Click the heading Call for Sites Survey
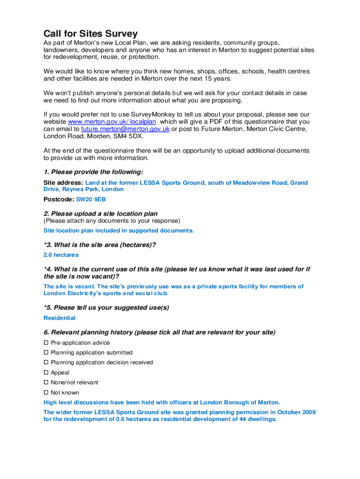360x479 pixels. click(x=90, y=34)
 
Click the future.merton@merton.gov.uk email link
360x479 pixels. click(x=125, y=129)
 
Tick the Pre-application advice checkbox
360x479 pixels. click(x=46, y=343)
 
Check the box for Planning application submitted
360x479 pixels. click(x=46, y=353)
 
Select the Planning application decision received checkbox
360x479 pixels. click(x=46, y=363)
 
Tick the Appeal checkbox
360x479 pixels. click(x=46, y=373)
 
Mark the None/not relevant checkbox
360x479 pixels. click(x=46, y=383)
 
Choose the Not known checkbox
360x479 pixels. click(x=46, y=392)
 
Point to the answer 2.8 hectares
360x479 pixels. click(x=61, y=255)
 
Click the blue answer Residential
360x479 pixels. click(x=59, y=318)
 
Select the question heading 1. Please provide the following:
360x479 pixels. click(x=94, y=172)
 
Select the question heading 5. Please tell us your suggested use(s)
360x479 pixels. click(x=106, y=308)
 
